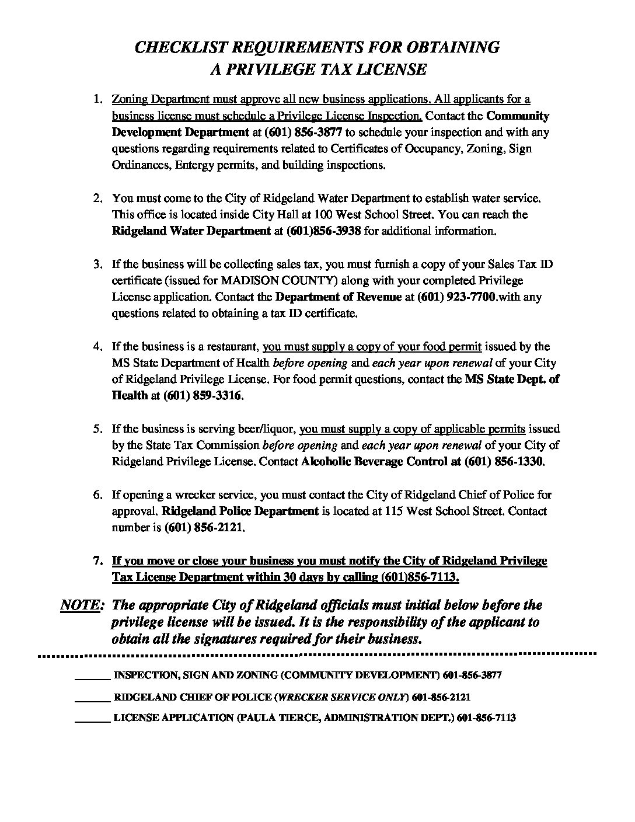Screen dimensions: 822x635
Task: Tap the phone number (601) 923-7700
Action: click(x=457, y=297)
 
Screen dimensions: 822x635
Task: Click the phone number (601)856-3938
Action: click(x=324, y=231)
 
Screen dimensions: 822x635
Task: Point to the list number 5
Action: click(x=98, y=429)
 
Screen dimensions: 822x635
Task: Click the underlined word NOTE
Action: click(x=82, y=605)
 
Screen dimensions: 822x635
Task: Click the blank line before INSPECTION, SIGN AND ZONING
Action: click(x=92, y=676)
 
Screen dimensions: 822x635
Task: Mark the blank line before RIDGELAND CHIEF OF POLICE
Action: click(x=92, y=698)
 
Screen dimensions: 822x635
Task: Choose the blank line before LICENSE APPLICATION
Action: click(x=92, y=719)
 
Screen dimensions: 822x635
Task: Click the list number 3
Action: click(x=98, y=264)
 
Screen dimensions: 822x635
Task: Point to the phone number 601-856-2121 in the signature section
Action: click(x=441, y=698)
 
